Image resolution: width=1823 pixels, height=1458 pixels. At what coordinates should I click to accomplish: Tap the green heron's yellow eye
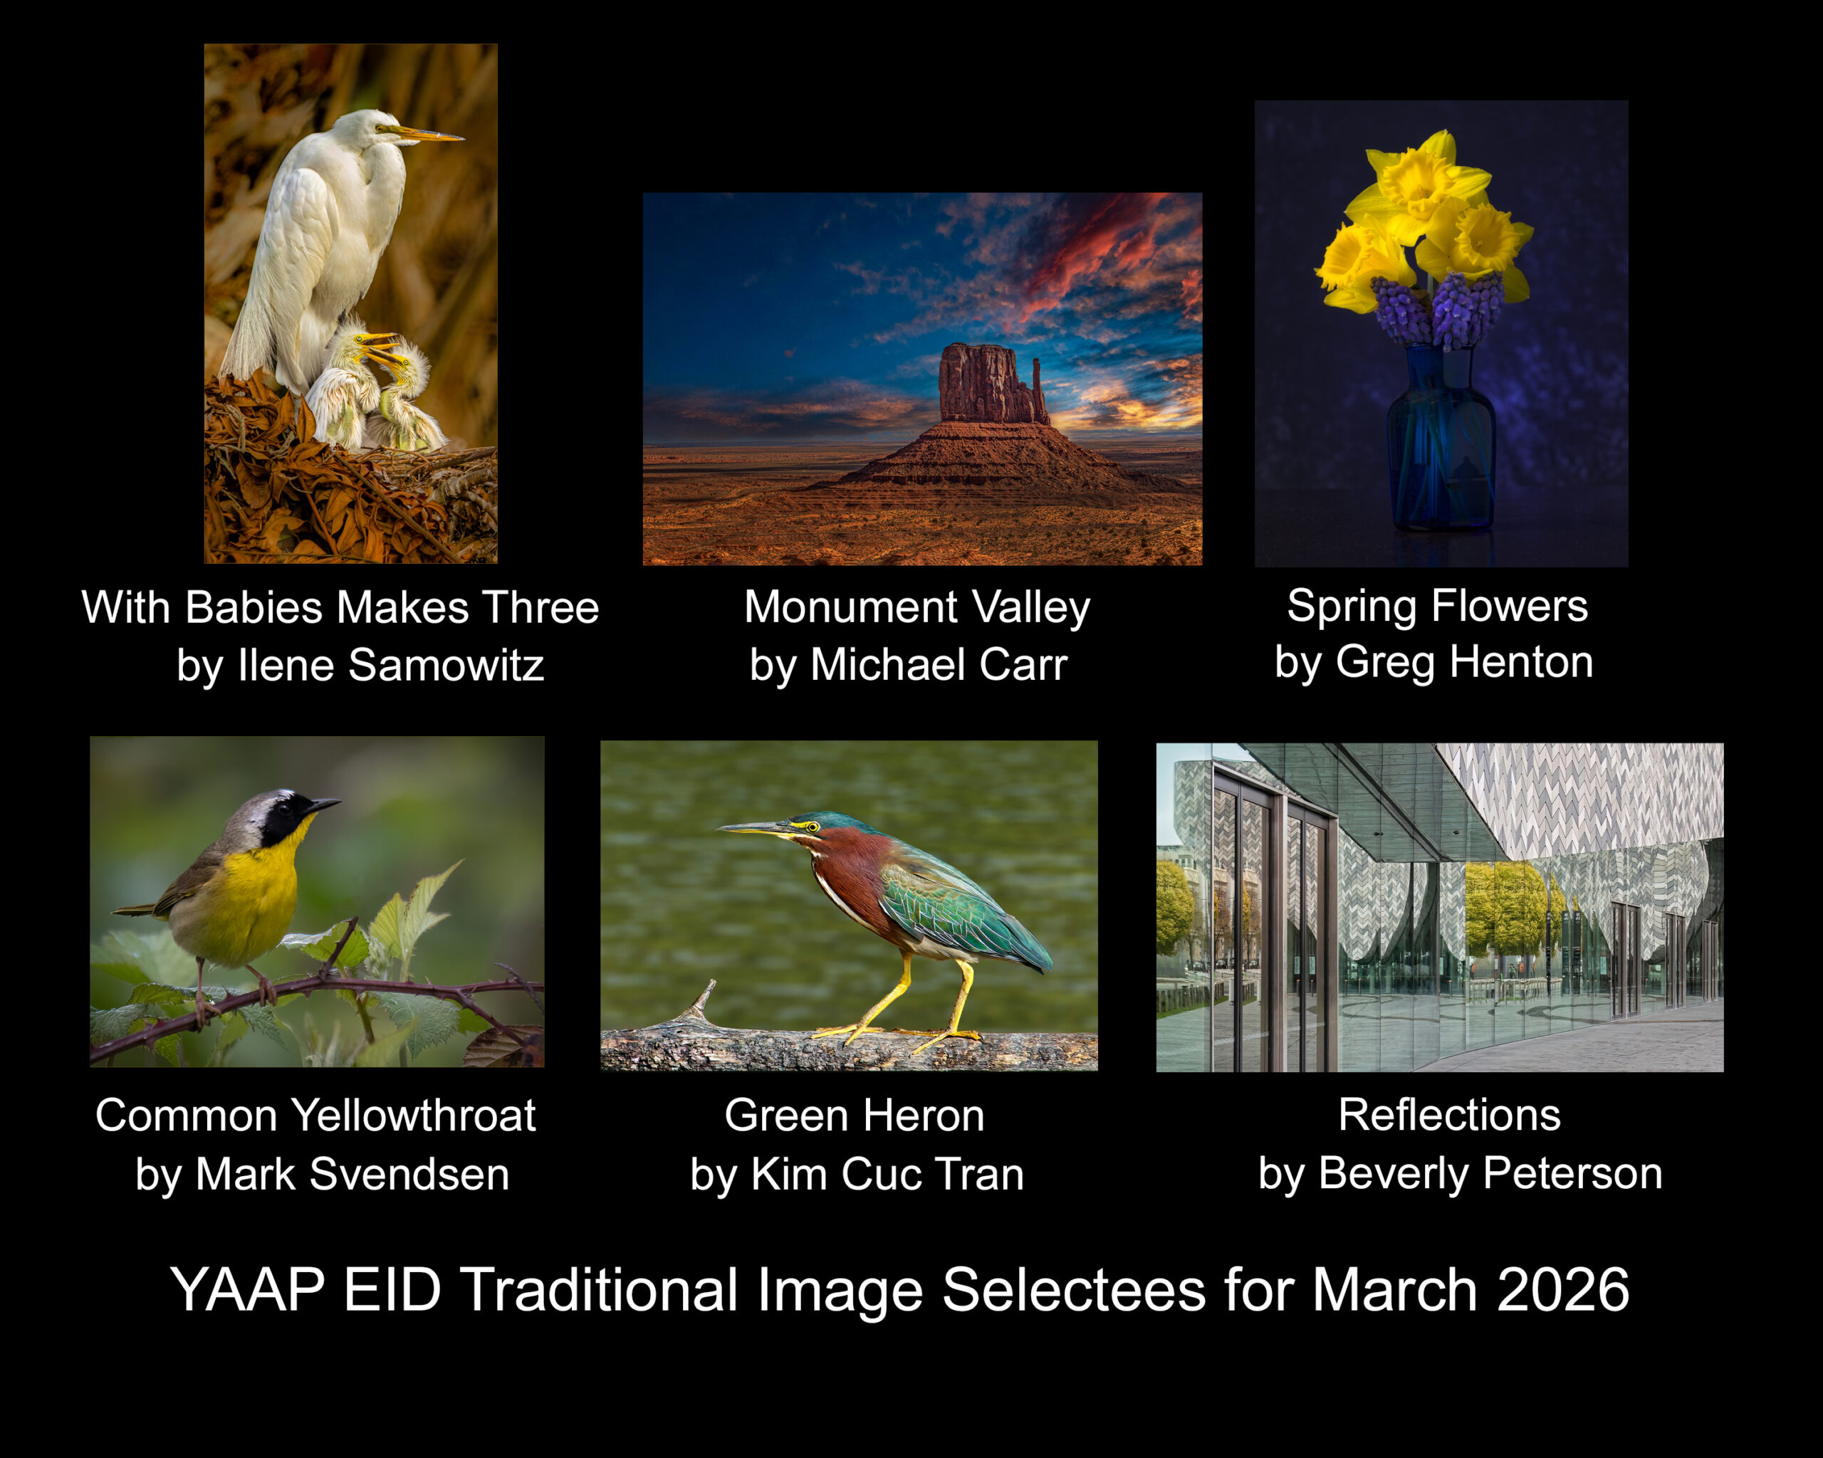(x=813, y=827)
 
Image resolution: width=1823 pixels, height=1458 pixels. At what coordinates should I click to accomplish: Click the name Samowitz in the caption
(x=446, y=665)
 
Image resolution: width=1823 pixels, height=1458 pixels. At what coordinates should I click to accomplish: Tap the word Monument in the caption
(x=851, y=607)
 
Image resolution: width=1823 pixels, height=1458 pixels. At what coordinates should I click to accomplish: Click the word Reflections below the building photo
(x=1449, y=1115)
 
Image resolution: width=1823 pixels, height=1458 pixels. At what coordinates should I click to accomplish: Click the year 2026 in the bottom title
(x=1562, y=1290)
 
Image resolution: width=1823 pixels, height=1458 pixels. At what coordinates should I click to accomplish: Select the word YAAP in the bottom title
(x=248, y=1290)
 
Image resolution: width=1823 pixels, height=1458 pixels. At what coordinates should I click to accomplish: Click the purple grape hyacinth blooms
(x=1438, y=308)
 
